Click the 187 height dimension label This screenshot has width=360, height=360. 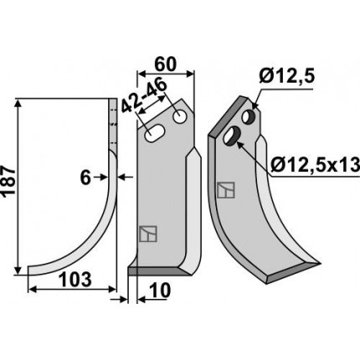coord(8,183)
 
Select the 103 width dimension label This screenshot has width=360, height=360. coord(75,280)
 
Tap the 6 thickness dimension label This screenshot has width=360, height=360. coord(85,178)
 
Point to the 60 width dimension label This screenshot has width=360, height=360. coord(166,64)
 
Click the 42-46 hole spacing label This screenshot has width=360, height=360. coord(144,97)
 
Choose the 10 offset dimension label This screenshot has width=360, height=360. coord(160,291)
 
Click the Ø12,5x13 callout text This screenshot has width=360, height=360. coord(315,166)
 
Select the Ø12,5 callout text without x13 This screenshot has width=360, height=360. coord(286,76)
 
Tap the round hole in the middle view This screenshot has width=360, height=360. coord(180,116)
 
